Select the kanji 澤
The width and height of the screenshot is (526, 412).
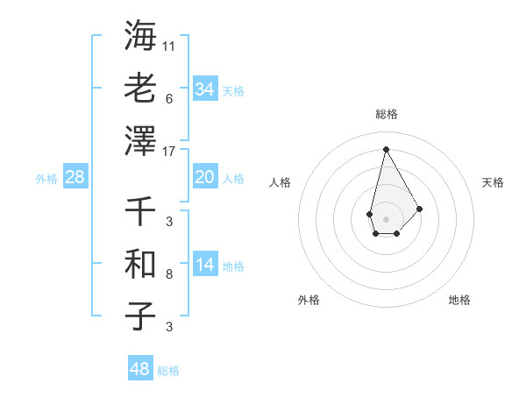pyautogui.click(x=140, y=139)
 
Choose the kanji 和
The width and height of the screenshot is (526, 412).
pyautogui.click(x=140, y=263)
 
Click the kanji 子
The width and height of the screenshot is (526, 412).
pyautogui.click(x=140, y=316)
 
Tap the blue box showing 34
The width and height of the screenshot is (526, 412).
pyautogui.click(x=204, y=89)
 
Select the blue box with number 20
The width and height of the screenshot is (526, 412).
pyautogui.click(x=204, y=177)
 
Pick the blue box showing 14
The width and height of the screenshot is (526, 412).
pyautogui.click(x=204, y=265)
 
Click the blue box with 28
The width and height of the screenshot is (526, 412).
pyautogui.click(x=75, y=177)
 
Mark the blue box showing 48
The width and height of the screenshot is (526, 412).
pyautogui.click(x=140, y=369)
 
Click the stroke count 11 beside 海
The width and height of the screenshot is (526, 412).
pyautogui.click(x=169, y=45)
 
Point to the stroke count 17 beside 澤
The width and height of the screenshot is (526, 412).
pyautogui.click(x=169, y=151)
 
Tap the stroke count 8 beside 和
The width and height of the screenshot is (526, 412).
pyautogui.click(x=169, y=274)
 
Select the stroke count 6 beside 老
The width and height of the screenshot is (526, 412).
pyautogui.click(x=169, y=98)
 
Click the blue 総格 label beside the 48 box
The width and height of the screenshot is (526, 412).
pyautogui.click(x=168, y=371)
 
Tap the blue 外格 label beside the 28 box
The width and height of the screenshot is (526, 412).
pyautogui.click(x=46, y=179)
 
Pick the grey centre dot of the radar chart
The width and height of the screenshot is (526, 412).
pyautogui.click(x=386, y=217)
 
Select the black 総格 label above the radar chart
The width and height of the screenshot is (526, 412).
pyautogui.click(x=386, y=114)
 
